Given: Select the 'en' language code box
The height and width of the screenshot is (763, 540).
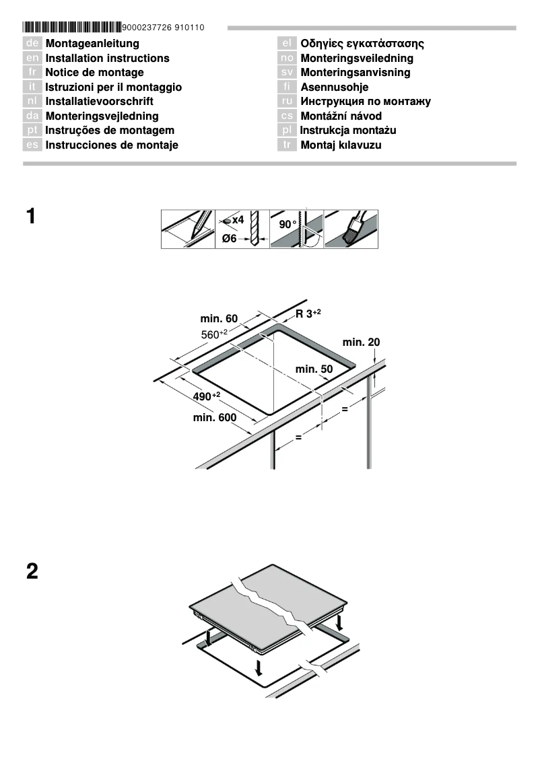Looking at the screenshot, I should [32, 59].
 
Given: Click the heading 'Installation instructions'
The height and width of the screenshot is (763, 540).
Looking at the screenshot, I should [107, 59].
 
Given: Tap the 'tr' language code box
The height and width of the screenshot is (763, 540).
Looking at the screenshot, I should [287, 145].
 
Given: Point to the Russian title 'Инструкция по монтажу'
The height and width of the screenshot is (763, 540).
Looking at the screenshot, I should [366, 102].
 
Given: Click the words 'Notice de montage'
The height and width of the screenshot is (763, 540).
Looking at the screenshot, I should [94, 73].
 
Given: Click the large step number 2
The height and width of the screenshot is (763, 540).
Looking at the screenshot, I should [32, 572].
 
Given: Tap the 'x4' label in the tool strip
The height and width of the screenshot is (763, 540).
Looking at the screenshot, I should [237, 220].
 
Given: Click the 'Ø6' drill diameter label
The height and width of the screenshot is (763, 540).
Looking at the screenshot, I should [230, 239].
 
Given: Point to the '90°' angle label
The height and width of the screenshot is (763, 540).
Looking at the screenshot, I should [288, 224].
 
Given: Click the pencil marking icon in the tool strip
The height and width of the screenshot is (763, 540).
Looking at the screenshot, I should [188, 229].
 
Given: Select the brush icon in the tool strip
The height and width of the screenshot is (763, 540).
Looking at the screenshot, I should [351, 229].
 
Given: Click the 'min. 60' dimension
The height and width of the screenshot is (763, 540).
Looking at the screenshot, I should [219, 318].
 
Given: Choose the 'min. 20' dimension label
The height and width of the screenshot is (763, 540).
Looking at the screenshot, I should [361, 342].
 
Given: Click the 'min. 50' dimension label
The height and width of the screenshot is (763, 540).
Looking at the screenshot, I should [314, 369].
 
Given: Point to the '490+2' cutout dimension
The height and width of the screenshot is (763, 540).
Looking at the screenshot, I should [207, 396].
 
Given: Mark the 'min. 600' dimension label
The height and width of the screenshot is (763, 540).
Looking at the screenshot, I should [215, 418].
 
